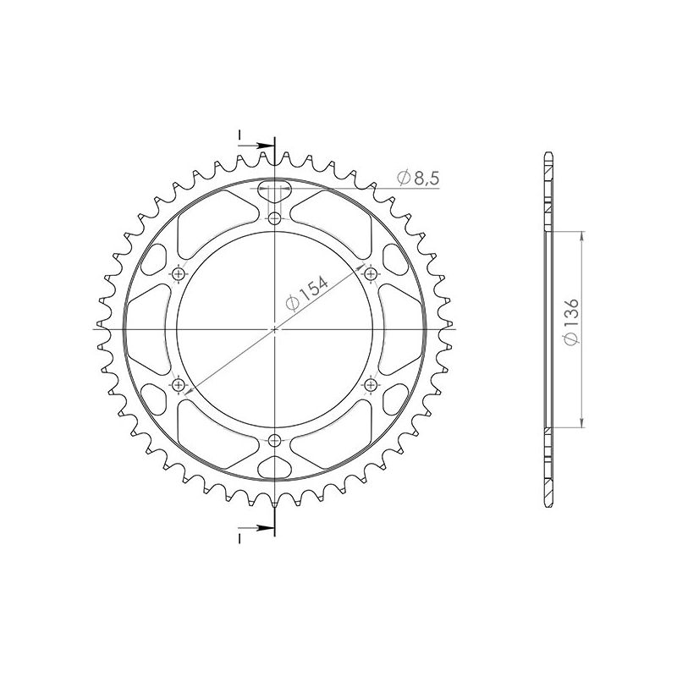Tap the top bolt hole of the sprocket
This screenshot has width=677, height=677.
pos(274,219)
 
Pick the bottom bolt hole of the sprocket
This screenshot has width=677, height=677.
pos(274,440)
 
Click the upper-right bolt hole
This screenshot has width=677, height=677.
pos(370,274)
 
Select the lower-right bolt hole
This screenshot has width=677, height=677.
pos(370,385)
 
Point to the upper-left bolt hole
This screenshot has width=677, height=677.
pos(179,274)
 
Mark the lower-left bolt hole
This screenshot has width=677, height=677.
pos(179,385)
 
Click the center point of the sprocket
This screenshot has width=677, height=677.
pos(274,329)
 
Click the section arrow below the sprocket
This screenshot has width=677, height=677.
pos(258,530)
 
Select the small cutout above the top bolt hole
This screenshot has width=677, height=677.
pos(274,189)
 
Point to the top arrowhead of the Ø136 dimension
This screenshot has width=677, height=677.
pos(582,236)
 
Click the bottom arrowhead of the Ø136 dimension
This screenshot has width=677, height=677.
pos(582,423)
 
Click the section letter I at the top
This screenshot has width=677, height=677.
pos(240,135)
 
